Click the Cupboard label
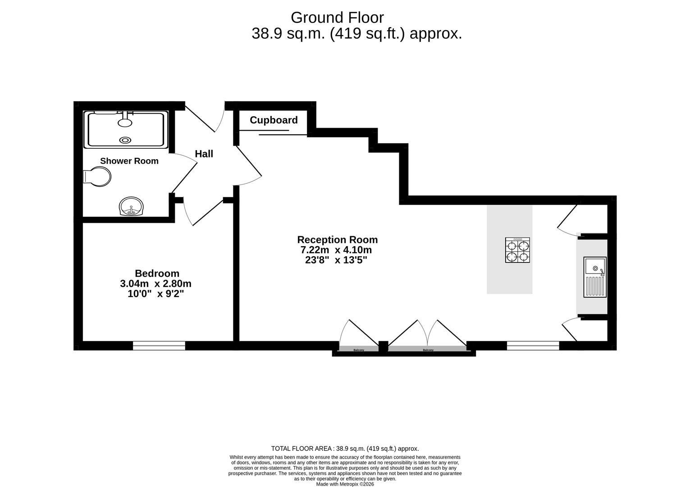tap(274, 120)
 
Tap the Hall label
tap(204, 154)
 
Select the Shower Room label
tap(129, 161)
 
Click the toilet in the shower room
tap(98, 177)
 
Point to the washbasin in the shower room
tap(131, 207)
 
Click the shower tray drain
tap(125, 140)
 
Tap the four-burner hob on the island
tap(517, 250)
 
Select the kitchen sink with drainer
tap(595, 277)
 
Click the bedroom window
tap(159, 346)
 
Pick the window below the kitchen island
tap(533, 346)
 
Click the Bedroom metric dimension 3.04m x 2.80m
tap(155, 284)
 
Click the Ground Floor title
tap(337, 18)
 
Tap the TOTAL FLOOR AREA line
tap(345, 448)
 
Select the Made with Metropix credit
tap(345, 484)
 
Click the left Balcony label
tap(359, 350)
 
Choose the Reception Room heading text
tap(337, 240)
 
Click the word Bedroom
tap(157, 273)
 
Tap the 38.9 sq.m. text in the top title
tap(288, 34)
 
